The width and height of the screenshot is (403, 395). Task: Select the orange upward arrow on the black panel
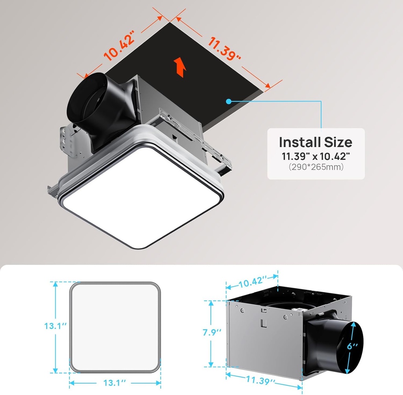[x=180, y=66]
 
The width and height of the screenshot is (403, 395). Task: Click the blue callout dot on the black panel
[x=228, y=101]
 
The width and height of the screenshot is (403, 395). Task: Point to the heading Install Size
[x=315, y=142]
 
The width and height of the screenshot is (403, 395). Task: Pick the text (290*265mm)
[x=315, y=167]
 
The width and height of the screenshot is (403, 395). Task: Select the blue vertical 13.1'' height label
[x=55, y=326]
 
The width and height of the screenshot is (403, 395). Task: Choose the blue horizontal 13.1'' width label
[x=115, y=382]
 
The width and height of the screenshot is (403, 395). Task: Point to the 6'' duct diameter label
[x=353, y=345]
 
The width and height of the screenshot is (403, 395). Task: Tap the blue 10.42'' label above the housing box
[x=252, y=282]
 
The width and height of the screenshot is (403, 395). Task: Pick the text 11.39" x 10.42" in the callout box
[x=315, y=156]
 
